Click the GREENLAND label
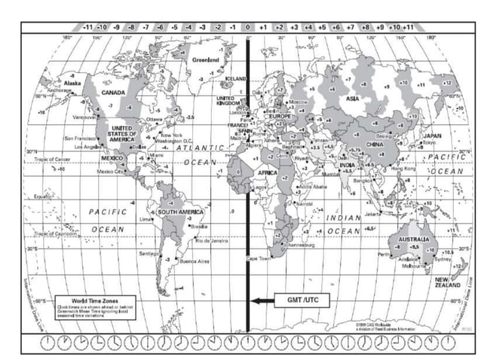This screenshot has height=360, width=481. (206, 59)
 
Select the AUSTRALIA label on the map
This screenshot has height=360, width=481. (415, 238)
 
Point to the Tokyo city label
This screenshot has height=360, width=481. (430, 143)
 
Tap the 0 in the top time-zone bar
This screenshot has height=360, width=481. (248, 26)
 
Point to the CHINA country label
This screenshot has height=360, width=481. (375, 143)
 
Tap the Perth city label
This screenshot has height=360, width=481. (384, 255)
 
